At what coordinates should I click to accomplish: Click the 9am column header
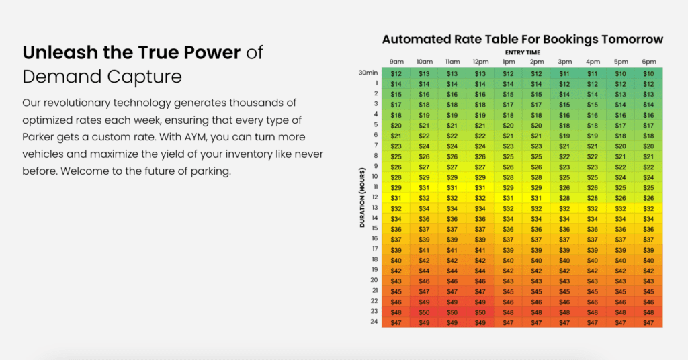(x=396, y=62)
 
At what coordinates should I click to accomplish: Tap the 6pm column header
(x=648, y=62)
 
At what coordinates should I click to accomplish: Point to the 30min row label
(x=368, y=73)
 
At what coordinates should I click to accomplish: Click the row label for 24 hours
(x=374, y=322)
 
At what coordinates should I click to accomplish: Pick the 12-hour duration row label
(x=374, y=197)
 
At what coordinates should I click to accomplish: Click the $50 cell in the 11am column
(x=452, y=312)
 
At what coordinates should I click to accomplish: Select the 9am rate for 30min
(x=396, y=73)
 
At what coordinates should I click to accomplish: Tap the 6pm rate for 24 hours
(x=648, y=322)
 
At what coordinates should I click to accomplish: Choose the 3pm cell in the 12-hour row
(x=564, y=197)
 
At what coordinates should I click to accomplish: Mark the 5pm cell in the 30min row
(x=620, y=73)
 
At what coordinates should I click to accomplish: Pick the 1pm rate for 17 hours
(x=509, y=250)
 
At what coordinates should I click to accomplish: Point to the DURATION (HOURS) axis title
(x=363, y=198)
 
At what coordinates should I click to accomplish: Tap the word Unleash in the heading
(x=53, y=53)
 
